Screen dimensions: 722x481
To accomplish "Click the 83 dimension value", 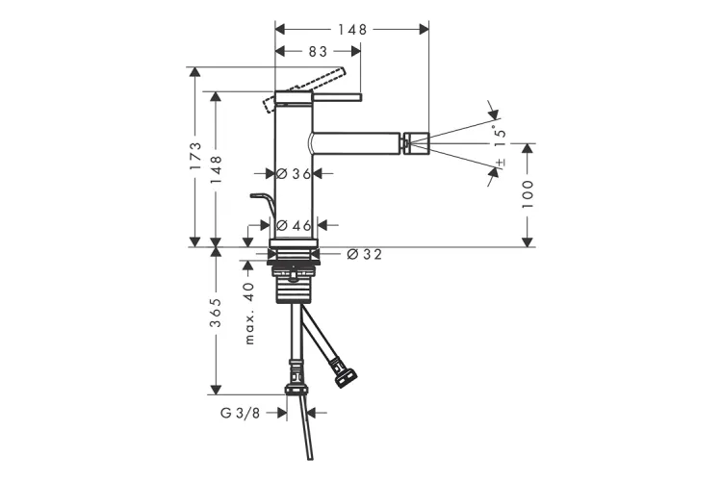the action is (x=318, y=52).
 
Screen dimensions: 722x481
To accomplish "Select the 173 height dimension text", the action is (x=195, y=157).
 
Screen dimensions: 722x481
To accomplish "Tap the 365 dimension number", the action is (x=216, y=313).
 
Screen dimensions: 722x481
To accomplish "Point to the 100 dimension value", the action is (x=528, y=194).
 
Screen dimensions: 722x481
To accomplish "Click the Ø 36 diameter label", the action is (x=294, y=173).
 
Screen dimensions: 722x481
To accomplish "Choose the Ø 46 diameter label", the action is (x=294, y=225).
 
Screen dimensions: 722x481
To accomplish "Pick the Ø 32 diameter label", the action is (x=364, y=254).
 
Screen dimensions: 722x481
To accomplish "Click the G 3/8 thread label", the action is (x=240, y=414).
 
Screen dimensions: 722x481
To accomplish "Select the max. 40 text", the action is (x=249, y=313).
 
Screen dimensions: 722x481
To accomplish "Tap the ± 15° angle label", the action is (x=500, y=145).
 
